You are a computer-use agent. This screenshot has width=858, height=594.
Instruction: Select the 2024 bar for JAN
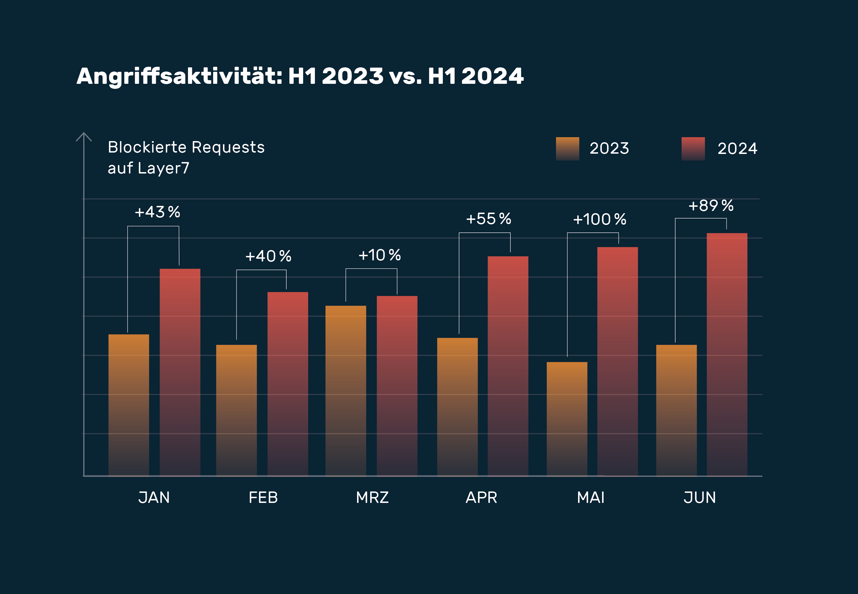point(180,372)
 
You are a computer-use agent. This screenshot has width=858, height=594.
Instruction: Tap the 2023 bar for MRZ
point(346,391)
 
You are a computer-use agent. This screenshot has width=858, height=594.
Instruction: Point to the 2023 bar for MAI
point(567,419)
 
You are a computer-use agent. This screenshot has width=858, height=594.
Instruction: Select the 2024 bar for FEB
point(287,384)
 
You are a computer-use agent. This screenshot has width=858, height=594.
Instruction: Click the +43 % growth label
point(157,212)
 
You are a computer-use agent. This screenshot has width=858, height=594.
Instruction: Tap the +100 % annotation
point(599,219)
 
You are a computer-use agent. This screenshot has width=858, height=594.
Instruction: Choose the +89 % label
point(711,205)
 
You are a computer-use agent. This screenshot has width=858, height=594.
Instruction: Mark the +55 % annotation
point(489,219)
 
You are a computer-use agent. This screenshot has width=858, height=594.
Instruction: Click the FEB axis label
point(263,498)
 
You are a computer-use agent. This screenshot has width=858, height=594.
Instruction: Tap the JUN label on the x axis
point(700,498)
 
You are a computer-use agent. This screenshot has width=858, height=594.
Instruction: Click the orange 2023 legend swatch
point(567,149)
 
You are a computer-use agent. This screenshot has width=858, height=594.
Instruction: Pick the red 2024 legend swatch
point(693,149)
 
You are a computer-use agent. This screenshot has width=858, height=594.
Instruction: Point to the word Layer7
point(163,168)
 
